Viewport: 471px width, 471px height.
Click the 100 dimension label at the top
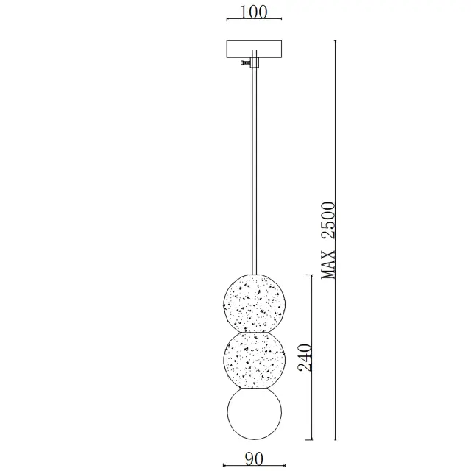pos(254,12)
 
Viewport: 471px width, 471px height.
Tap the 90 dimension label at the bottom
pos(254,458)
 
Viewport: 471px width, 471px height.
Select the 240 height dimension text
pos(305,358)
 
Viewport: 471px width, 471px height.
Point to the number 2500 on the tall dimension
pos(327,221)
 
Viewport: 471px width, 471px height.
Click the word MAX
pos(327,265)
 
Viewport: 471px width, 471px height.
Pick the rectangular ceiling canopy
pos(254,49)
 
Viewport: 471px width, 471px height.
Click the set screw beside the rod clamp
pos(245,63)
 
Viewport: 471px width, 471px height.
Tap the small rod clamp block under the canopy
pos(255,63)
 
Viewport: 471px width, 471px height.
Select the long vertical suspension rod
pos(254,171)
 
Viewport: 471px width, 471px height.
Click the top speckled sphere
pos(255,303)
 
